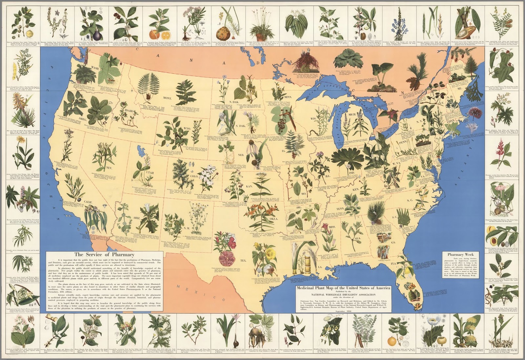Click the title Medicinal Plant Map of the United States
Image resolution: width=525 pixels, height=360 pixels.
click(x=343, y=288)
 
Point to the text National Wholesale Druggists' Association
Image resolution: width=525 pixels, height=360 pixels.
click(x=343, y=295)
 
